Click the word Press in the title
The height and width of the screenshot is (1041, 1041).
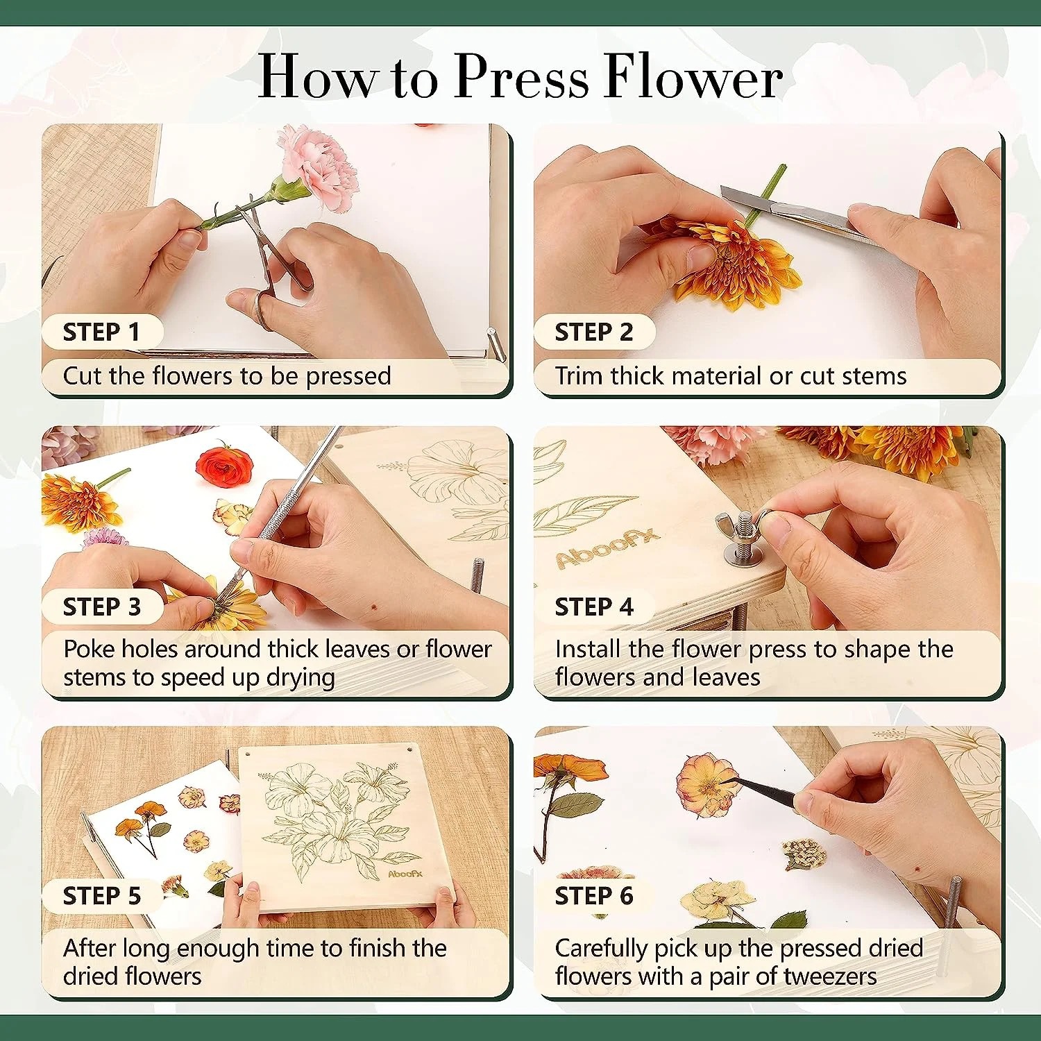click(521, 76)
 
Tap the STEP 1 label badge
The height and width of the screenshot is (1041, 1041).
click(101, 332)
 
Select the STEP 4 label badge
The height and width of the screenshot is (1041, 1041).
click(593, 607)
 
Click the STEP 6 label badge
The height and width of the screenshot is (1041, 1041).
click(593, 895)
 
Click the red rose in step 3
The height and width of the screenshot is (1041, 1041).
click(224, 465)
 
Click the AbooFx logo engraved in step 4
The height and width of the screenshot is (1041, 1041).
click(607, 548)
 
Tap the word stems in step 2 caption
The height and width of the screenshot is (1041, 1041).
click(874, 376)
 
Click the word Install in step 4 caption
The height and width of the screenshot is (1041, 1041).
click(587, 650)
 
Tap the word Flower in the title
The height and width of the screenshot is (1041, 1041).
click(693, 76)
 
